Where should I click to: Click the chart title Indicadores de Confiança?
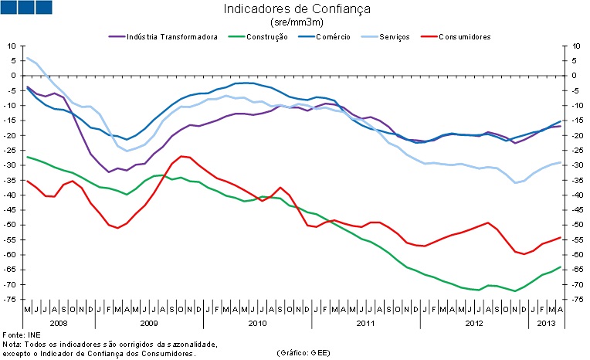[x=297, y=10]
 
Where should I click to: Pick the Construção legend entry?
[x=266, y=36]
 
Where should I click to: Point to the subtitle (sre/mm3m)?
[x=297, y=23]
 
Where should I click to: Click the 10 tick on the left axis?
[x=12, y=46]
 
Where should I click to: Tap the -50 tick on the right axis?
[x=576, y=225]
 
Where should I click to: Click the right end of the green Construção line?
[x=560, y=267]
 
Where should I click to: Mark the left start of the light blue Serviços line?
[x=27, y=58]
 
